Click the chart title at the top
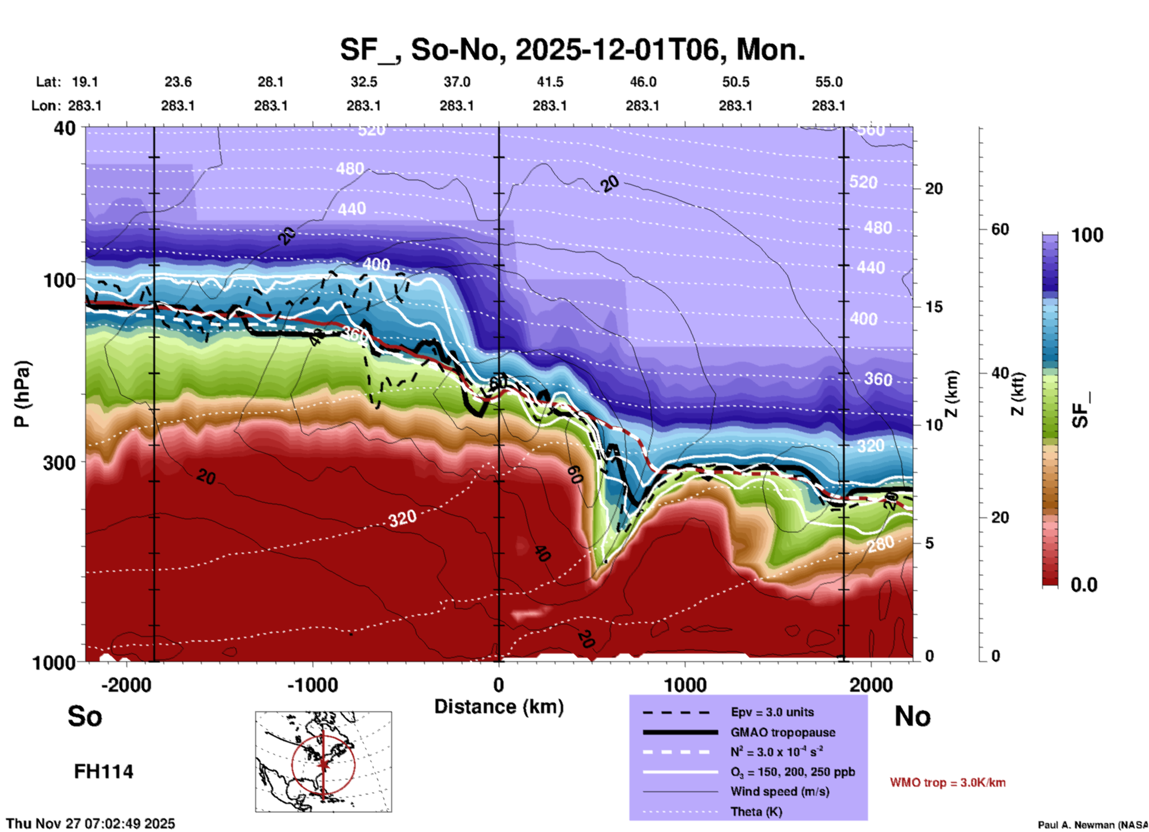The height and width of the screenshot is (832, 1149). click(572, 50)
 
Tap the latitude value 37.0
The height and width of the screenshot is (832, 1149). click(456, 82)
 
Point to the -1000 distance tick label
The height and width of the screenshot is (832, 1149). click(312, 685)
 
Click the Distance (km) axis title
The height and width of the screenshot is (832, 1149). click(499, 707)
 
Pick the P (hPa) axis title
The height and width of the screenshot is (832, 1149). click(22, 393)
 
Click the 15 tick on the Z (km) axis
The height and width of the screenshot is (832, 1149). click(934, 307)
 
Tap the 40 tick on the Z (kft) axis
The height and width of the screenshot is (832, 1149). click(1000, 373)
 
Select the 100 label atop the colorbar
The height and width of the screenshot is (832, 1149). click(1087, 235)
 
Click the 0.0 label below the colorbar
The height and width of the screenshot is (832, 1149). click(1084, 585)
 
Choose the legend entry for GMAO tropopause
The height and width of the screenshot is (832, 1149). click(783, 732)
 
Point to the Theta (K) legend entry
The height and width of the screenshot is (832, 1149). click(756, 812)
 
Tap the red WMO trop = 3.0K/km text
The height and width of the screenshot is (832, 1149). click(947, 782)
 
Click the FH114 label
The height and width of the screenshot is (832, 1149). click(103, 772)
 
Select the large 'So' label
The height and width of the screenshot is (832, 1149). click(85, 716)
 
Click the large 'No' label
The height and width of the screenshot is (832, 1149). click(912, 716)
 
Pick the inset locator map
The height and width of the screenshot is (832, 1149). click(323, 762)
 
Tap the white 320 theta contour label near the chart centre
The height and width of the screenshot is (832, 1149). click(402, 518)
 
